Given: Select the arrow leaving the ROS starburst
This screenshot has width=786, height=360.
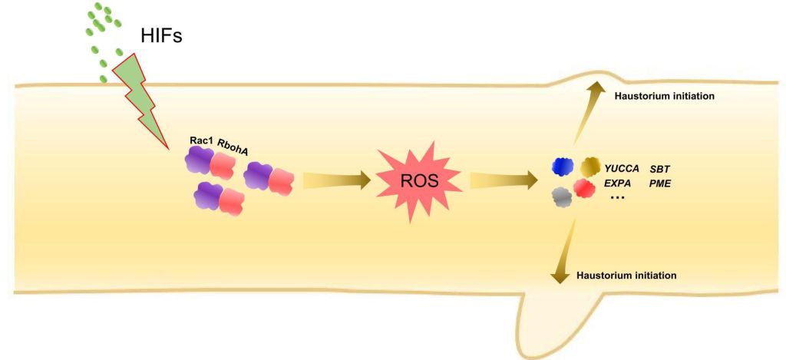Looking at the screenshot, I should point(503,181).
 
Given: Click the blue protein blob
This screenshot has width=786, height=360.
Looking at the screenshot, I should point(563,167).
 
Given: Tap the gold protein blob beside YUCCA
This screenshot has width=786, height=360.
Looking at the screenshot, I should point(589,167).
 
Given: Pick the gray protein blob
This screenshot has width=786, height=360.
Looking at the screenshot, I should point(563,197).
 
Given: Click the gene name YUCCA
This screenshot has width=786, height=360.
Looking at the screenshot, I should point(622,168).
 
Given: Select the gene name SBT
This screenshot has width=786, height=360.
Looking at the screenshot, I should point(661,168).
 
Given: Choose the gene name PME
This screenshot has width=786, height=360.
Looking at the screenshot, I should point(660,183).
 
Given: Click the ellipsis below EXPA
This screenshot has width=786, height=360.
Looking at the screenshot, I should point(617,198).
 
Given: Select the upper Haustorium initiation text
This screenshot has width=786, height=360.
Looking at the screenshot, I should point(665,97).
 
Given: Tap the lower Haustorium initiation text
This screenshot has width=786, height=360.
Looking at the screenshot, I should point(626,275).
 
